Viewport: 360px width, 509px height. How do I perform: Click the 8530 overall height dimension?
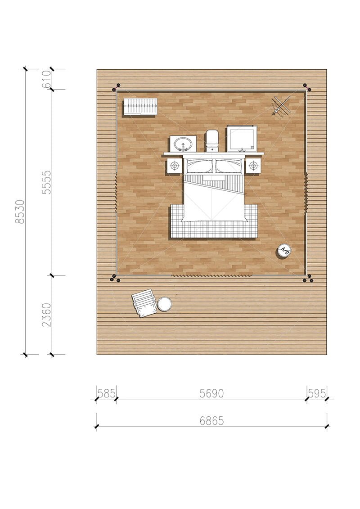click(x=21, y=212)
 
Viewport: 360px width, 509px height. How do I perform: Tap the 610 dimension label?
click(x=46, y=79)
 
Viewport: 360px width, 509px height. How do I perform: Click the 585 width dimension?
click(x=107, y=393)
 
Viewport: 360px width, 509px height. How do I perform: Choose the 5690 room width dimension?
click(x=211, y=393)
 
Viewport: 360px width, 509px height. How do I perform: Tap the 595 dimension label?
click(x=316, y=393)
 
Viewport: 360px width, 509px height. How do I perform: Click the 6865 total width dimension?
click(x=211, y=421)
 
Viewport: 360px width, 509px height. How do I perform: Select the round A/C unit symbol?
click(x=283, y=251)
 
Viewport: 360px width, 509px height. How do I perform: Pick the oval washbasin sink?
click(x=183, y=144)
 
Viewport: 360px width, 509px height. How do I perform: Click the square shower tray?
click(x=242, y=139)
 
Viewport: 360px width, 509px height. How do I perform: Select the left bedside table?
click(x=175, y=166)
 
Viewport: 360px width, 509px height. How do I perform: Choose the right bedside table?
click(x=253, y=166)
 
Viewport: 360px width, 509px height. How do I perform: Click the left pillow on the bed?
click(x=199, y=166)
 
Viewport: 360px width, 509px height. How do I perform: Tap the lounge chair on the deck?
click(x=144, y=303)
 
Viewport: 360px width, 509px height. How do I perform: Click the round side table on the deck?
click(x=165, y=304)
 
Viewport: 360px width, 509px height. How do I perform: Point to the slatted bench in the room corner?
click(x=140, y=107)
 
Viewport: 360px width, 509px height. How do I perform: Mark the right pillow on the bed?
click(x=229, y=166)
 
